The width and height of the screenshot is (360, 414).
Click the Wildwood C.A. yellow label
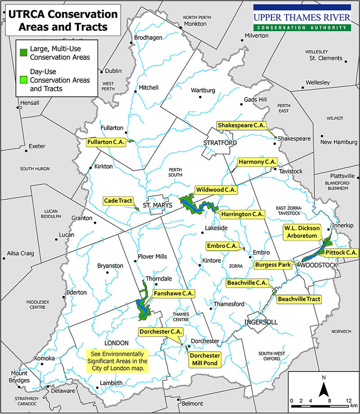[x=216, y=190]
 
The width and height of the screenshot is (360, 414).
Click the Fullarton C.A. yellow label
[x=106, y=142]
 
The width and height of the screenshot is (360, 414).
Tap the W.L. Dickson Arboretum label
[x=301, y=232]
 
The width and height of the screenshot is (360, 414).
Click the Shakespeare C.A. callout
[x=241, y=125]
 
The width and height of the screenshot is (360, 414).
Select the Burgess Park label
[x=273, y=265]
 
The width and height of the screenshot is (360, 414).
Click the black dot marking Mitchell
[x=135, y=93]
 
